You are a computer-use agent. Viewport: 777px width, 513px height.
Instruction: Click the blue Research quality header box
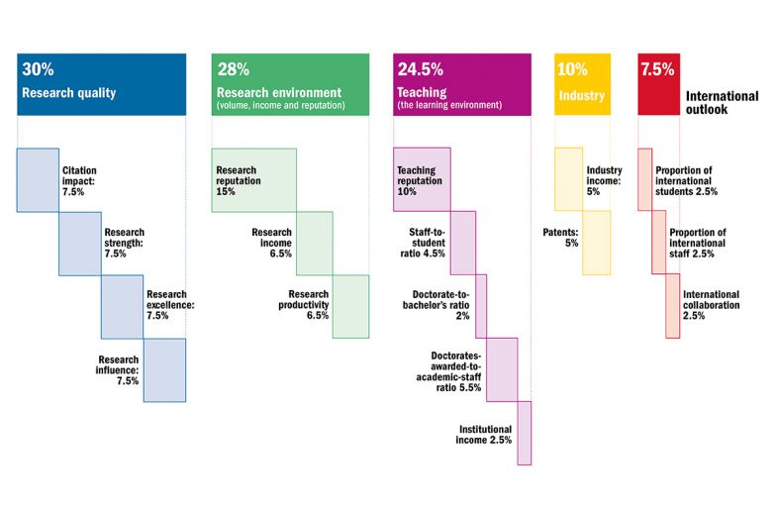point(101,82)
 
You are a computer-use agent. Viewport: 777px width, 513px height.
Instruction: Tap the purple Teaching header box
point(461,82)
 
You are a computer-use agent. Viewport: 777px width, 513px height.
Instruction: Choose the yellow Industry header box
point(582,82)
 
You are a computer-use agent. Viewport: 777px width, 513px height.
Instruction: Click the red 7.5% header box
point(656,82)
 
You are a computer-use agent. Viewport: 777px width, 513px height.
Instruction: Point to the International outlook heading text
point(722,103)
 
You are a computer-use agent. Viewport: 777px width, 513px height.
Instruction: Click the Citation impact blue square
point(38,179)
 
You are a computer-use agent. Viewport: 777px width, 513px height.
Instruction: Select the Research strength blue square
point(79,243)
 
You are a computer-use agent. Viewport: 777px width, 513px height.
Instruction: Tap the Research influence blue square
point(164,369)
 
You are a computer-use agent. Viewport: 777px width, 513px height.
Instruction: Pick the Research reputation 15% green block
point(254,179)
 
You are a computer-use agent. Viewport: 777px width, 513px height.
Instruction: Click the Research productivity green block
point(350,306)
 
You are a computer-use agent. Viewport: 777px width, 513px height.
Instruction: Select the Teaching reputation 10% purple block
point(423,179)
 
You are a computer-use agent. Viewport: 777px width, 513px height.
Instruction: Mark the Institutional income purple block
point(525,433)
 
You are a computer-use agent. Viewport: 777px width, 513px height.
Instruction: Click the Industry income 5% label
point(604,179)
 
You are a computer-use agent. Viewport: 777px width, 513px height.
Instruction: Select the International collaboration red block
point(673,306)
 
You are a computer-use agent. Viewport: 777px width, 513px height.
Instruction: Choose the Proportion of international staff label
point(698,243)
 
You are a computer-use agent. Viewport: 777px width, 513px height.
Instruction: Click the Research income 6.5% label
point(271,243)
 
